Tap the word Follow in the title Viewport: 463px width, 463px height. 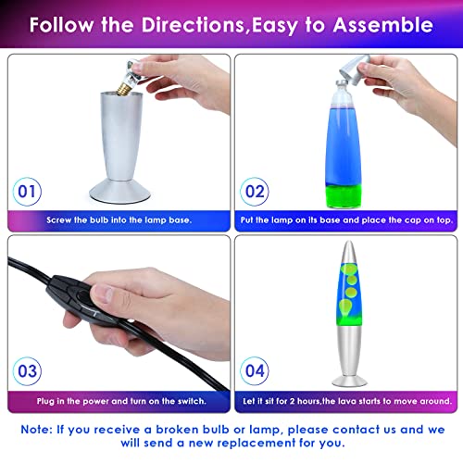pos(65,23)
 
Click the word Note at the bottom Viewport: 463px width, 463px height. pos(44,430)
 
